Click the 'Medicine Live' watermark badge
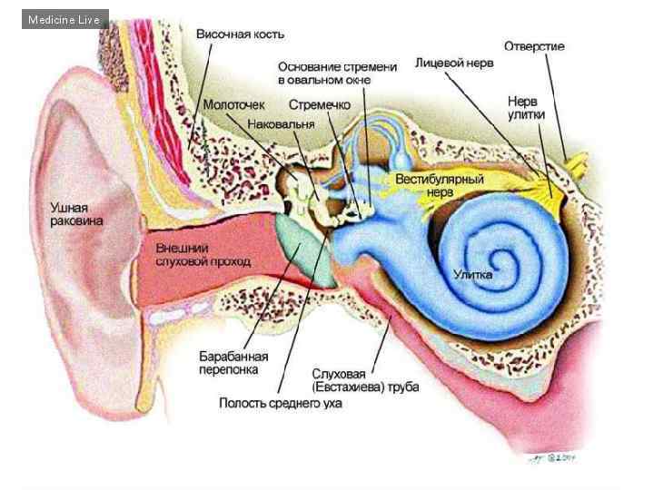(x=64, y=19)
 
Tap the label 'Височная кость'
(x=240, y=34)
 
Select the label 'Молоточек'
(x=233, y=105)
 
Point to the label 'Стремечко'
(x=320, y=105)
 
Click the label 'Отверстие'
(x=534, y=45)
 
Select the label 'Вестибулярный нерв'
(x=440, y=186)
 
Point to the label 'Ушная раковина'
(x=76, y=215)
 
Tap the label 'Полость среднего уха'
(x=280, y=403)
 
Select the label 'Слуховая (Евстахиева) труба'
(x=365, y=381)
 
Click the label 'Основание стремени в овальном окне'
(x=337, y=73)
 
